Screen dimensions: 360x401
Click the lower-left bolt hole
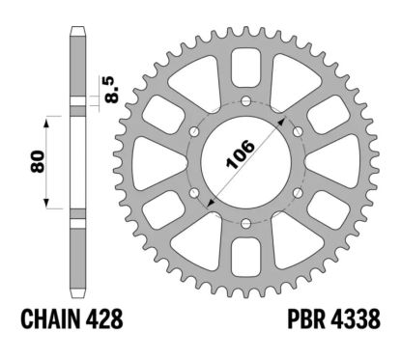pyautogui.click(x=193, y=194)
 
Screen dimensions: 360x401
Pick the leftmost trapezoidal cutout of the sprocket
pyautogui.click(x=154, y=162)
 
